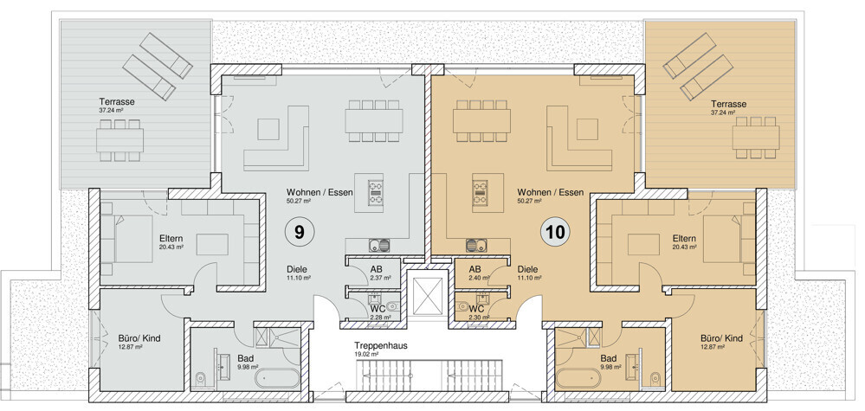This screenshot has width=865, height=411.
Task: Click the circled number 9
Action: (299, 233)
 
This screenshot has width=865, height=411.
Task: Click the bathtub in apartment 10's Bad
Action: (578, 378)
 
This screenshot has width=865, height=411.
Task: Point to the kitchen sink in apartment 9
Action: (378, 244)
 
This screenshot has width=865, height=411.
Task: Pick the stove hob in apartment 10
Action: (480, 194)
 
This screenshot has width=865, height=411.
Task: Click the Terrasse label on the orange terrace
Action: (729, 104)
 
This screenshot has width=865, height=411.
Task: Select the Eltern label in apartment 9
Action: (171, 239)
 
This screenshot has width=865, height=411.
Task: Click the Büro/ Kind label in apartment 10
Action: (721, 338)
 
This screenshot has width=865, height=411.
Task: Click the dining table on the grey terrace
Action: (120, 140)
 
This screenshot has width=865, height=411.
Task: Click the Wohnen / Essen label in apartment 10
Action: (550, 192)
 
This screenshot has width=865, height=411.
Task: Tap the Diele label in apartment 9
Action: (297, 269)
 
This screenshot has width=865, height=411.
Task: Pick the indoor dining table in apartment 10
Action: (481, 120)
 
